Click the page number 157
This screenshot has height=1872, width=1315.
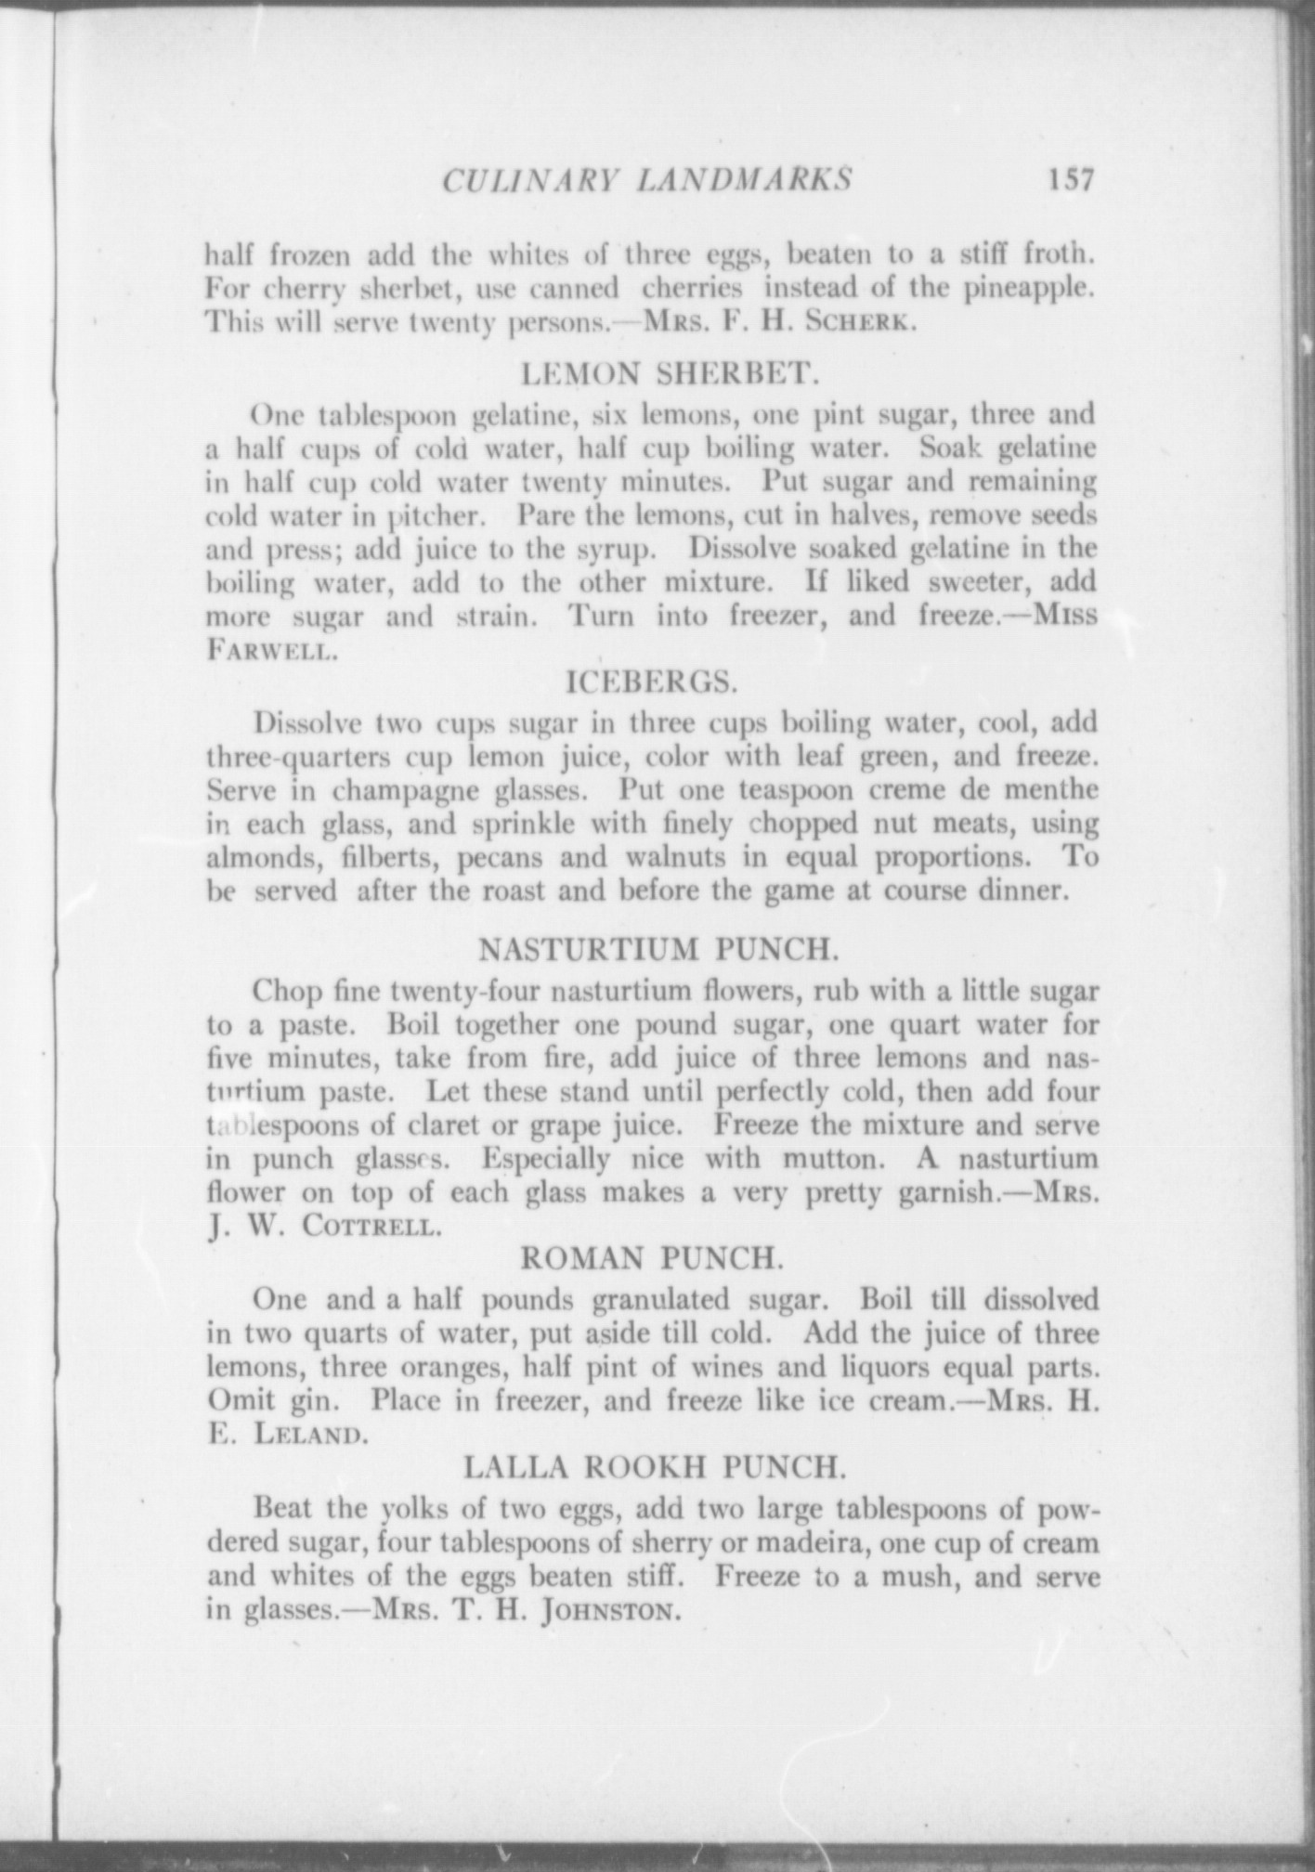[1070, 177]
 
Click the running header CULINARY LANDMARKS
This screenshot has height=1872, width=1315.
[647, 179]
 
